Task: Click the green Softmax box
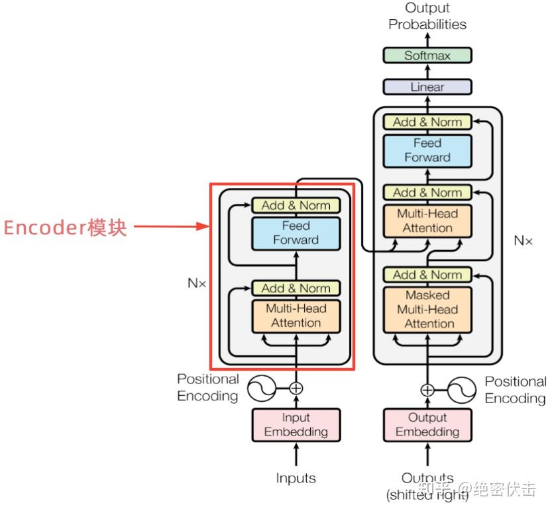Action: click(x=427, y=56)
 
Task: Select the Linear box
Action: click(x=427, y=87)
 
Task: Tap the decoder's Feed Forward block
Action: click(x=427, y=151)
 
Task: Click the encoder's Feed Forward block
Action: click(x=296, y=234)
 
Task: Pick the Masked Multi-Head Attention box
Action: click(x=427, y=310)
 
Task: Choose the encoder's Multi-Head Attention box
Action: click(x=296, y=316)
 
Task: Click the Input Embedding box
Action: click(x=296, y=425)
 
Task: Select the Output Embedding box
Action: click(x=427, y=425)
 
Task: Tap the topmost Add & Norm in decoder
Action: click(x=427, y=122)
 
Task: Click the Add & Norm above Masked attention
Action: click(x=427, y=275)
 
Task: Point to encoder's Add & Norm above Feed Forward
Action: click(x=296, y=205)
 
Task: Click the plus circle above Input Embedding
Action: click(x=296, y=389)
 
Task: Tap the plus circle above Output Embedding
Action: click(x=427, y=390)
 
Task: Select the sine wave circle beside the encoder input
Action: click(x=261, y=389)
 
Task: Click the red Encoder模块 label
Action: click(x=65, y=228)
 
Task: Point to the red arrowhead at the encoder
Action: click(x=203, y=226)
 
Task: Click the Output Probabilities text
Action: click(x=427, y=16)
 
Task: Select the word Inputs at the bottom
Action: click(x=296, y=478)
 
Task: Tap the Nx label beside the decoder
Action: click(x=523, y=240)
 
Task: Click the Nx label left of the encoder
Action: click(x=197, y=283)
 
